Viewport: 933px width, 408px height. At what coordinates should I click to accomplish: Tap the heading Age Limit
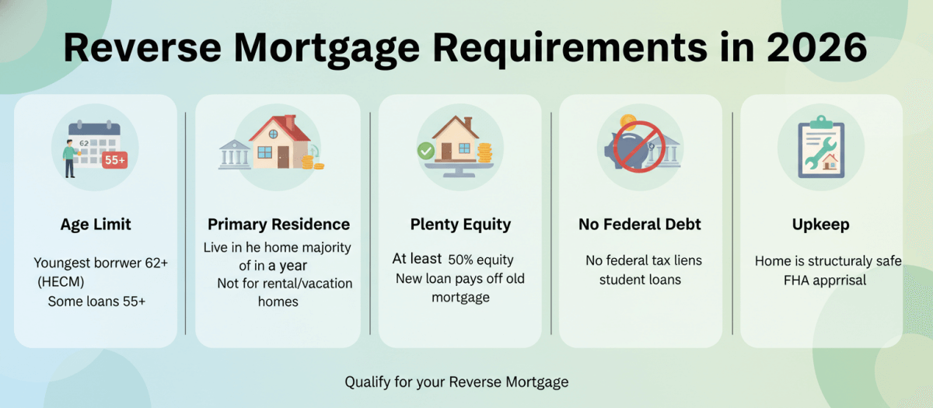pos(96,225)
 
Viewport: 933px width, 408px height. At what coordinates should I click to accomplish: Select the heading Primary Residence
pos(278,225)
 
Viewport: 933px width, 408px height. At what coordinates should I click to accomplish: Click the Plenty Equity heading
pos(460,225)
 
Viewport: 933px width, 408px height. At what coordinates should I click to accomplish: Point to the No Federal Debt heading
pos(640,225)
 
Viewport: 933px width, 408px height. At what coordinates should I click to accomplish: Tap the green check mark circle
pos(425,151)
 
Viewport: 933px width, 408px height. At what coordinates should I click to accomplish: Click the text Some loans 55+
pos(96,301)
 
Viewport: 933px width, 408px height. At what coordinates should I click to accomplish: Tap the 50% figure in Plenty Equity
pos(464,260)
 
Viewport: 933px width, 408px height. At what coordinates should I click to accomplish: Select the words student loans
pos(640,279)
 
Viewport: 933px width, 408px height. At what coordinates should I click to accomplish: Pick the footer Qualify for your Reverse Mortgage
pos(456,382)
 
